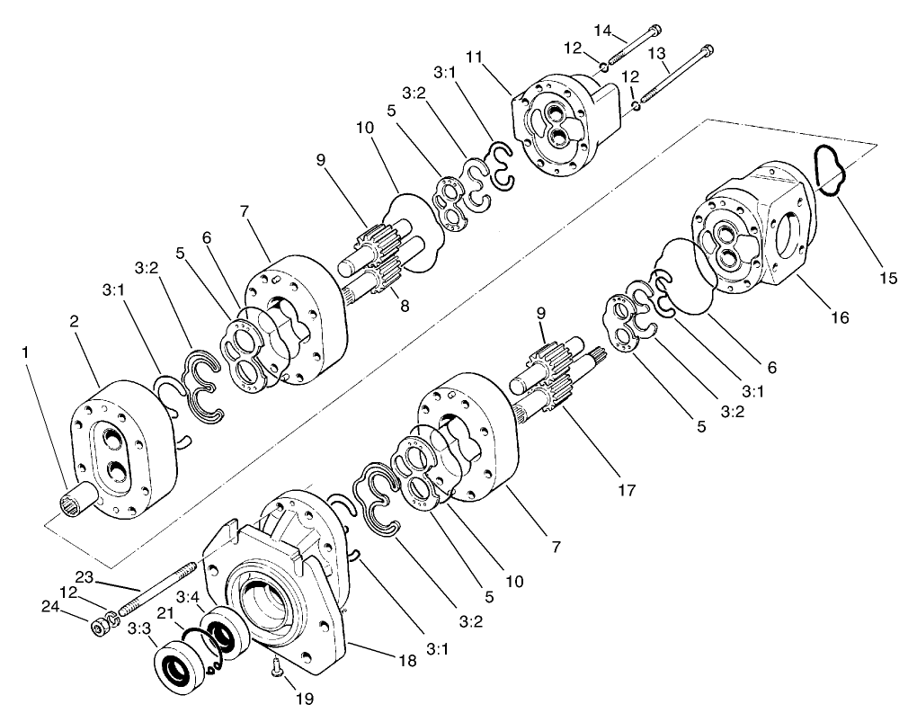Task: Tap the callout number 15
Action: click(887, 278)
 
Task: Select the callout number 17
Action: click(627, 491)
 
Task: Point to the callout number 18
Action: click(407, 660)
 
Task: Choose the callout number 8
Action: click(405, 306)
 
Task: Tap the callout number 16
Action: click(840, 317)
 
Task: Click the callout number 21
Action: click(165, 612)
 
